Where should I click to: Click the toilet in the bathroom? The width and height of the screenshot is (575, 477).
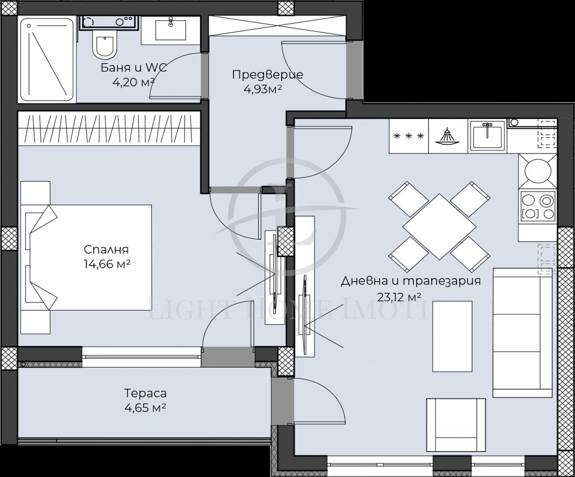(x=103, y=46)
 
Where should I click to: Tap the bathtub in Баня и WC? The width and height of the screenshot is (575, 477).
(x=47, y=59)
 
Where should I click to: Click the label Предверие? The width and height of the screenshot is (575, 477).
(x=267, y=75)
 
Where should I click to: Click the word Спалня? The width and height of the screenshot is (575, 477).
(x=106, y=250)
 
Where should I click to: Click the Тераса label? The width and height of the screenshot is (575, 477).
(x=145, y=394)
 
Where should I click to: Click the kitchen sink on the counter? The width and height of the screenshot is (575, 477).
(x=486, y=136)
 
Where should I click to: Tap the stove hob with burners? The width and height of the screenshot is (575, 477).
(x=537, y=205)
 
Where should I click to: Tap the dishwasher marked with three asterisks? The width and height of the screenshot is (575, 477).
(x=408, y=136)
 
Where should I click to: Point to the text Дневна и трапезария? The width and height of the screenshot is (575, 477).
(x=410, y=281)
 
